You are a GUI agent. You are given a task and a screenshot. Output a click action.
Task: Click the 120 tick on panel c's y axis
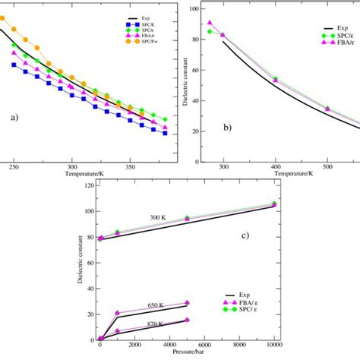tap(88, 185)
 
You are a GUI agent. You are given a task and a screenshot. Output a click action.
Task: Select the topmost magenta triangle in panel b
tap(210, 23)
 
